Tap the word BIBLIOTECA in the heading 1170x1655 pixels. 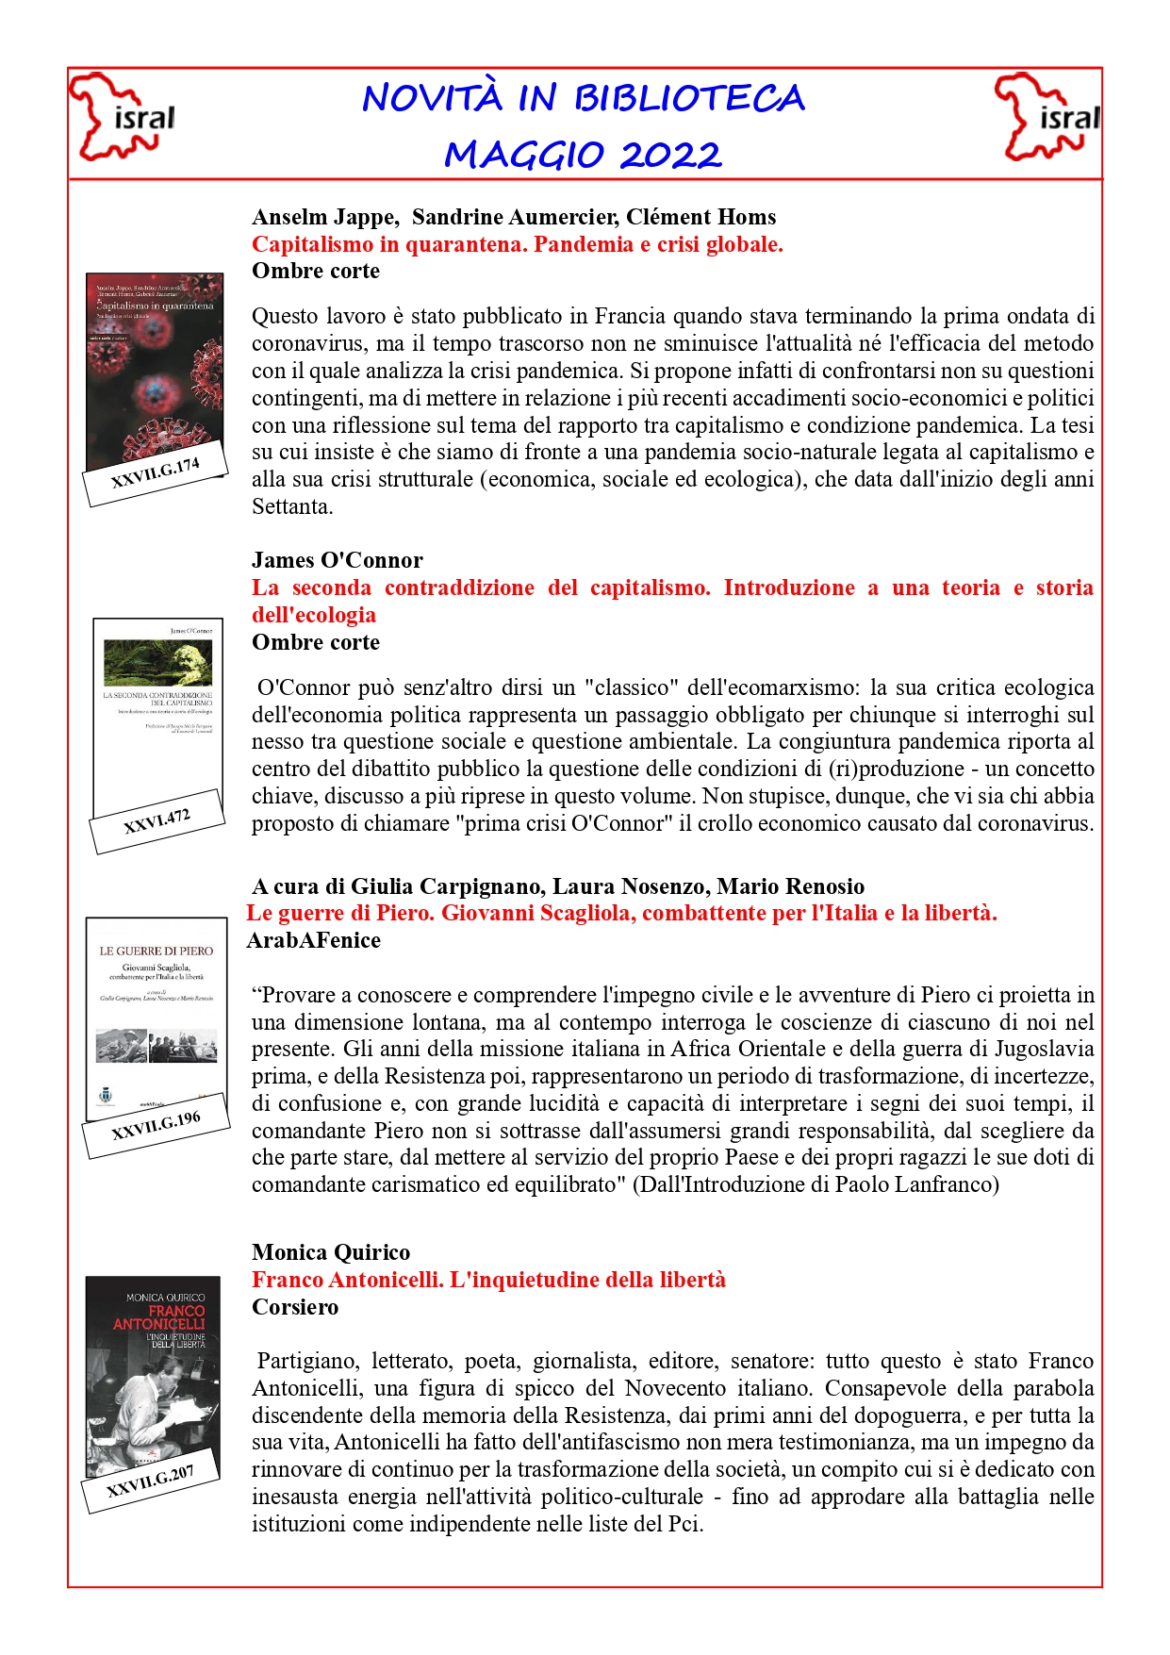(689, 99)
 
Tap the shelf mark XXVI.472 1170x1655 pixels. (157, 821)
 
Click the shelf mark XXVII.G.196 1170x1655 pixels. (157, 1125)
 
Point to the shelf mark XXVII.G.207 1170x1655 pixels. (150, 1481)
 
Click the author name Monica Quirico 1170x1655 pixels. (331, 1252)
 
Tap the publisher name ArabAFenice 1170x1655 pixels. (314, 940)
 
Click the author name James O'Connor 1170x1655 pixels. (338, 560)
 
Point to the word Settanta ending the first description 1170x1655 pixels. (291, 506)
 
